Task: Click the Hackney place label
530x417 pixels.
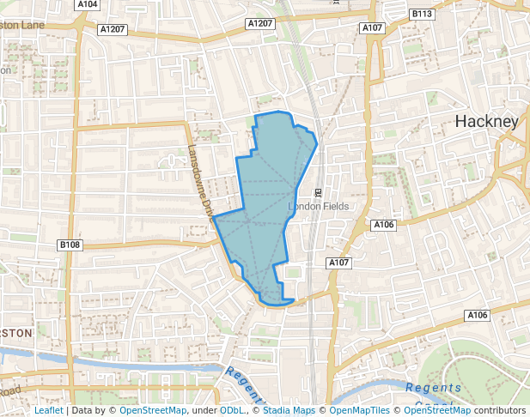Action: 487,121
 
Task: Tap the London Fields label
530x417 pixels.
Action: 316,207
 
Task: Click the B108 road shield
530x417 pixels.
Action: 70,245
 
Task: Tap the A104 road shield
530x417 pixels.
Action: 88,4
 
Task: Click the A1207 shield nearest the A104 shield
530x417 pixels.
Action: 112,29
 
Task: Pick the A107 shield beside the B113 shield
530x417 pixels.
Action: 372,28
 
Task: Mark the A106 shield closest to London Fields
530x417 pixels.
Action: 383,225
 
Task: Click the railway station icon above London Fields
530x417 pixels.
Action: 318,191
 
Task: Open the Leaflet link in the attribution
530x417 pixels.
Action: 48,411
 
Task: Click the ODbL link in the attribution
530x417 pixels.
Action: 231,411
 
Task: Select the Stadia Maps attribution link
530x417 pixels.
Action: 289,411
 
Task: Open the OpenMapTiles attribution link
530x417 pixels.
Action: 354,411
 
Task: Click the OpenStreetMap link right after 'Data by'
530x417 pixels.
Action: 153,411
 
